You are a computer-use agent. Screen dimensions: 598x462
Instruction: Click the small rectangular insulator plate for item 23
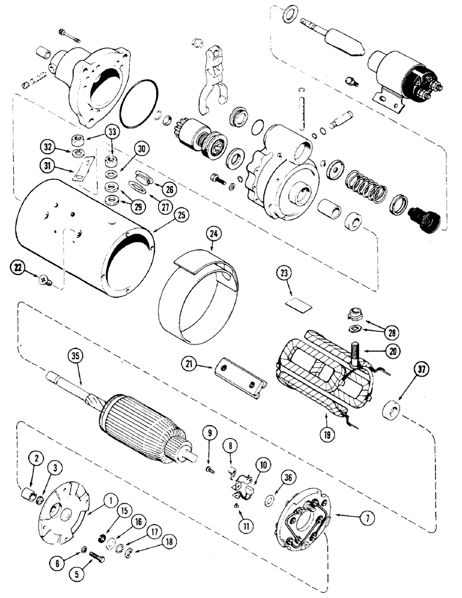point(299,306)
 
